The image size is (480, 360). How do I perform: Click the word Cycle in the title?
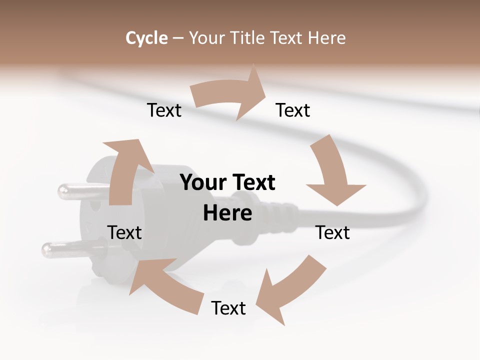(x=146, y=38)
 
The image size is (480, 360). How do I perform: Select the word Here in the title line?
(x=327, y=38)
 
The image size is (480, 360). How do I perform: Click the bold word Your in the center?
(x=203, y=183)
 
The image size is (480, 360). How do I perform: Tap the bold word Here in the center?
(x=227, y=213)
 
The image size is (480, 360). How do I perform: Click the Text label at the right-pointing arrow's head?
(x=293, y=110)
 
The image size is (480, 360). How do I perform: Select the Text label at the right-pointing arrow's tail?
(x=164, y=110)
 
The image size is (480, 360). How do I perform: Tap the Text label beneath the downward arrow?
(x=332, y=232)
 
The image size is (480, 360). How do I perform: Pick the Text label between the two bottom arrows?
(x=228, y=308)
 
